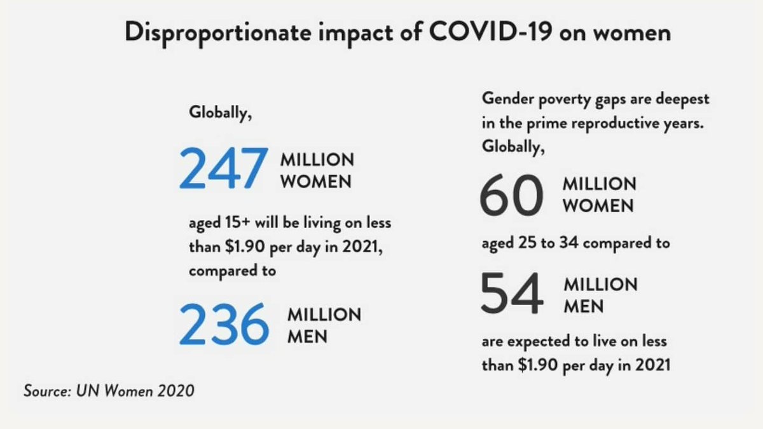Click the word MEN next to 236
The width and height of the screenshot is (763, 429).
click(307, 336)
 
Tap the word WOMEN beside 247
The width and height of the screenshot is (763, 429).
click(315, 181)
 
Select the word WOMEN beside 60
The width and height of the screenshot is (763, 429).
click(598, 206)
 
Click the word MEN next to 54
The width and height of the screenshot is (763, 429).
click(583, 307)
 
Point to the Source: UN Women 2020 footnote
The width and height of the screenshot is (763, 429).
click(109, 390)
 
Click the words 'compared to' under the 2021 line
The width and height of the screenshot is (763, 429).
click(232, 270)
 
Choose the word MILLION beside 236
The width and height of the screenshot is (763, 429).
click(324, 315)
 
